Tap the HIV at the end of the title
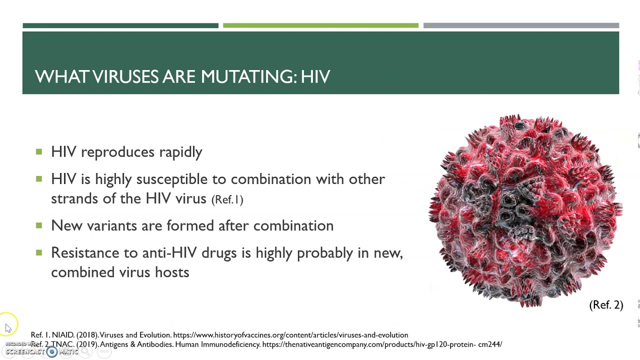click(315, 76)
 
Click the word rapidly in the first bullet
click(180, 152)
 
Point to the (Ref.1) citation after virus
click(227, 199)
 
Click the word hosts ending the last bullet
click(172, 272)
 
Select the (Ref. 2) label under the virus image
click(606, 305)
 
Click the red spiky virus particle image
click(525, 210)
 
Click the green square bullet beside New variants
click(39, 225)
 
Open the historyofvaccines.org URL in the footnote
click(290, 335)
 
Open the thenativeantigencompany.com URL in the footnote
click(382, 344)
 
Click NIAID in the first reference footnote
click(63, 335)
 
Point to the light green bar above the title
click(320, 25)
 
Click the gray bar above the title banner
click(521, 25)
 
